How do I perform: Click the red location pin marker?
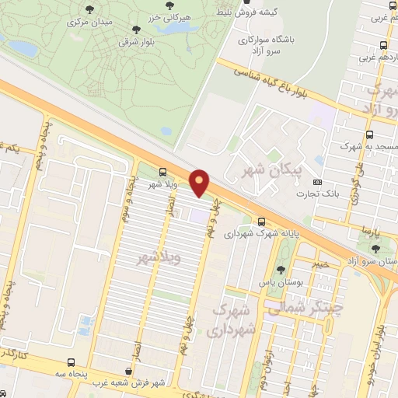(x=200, y=182)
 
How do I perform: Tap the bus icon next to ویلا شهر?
(x=162, y=172)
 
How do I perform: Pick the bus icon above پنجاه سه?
(x=72, y=362)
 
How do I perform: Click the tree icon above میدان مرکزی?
(x=88, y=9)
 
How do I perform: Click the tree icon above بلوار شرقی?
(x=136, y=30)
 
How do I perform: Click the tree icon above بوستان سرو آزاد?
(x=376, y=249)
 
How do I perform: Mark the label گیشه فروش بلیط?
(x=273, y=12)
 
